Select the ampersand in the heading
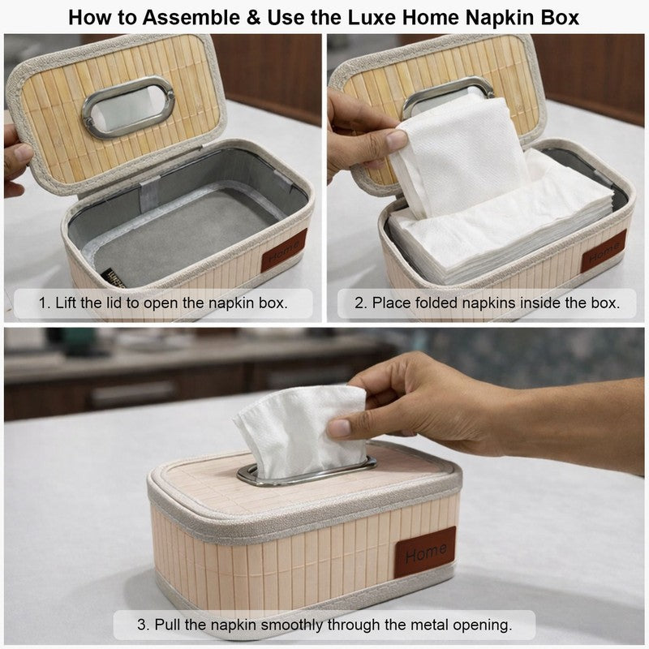click(x=254, y=17)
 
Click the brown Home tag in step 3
click(x=425, y=552)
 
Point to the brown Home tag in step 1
click(x=285, y=250)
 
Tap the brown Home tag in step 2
click(x=604, y=251)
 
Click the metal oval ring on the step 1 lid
click(x=128, y=107)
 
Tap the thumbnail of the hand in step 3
click(x=339, y=428)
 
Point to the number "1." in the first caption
click(x=45, y=303)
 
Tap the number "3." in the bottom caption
click(x=144, y=625)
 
